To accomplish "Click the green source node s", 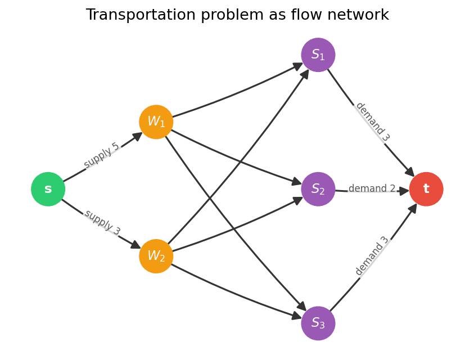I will (48, 189).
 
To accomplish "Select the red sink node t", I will (426, 189).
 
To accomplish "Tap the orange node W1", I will (156, 121).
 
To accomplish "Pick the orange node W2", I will (156, 256).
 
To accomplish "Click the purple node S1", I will (318, 55).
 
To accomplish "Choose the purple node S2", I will (318, 189).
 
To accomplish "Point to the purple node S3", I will (318, 323).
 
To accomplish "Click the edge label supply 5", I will (102, 155).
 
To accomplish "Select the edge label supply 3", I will (102, 223).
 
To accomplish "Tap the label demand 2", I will (372, 189).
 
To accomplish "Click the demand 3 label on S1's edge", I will (372, 121).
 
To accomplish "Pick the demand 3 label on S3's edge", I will (372, 256).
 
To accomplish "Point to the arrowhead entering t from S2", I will (404, 191).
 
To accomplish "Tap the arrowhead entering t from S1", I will (410, 172).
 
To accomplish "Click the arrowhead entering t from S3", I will (413, 208).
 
